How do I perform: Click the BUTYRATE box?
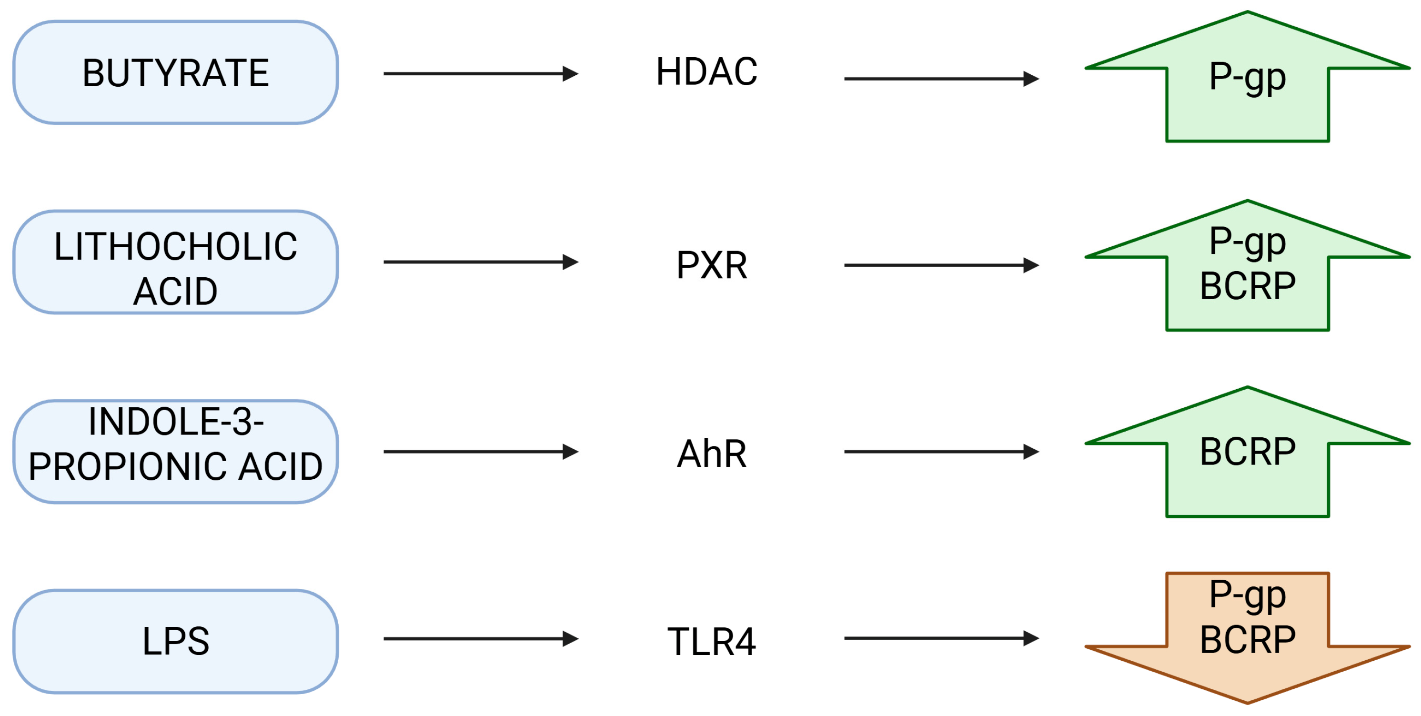[x=175, y=72]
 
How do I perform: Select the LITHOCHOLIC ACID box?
[x=175, y=262]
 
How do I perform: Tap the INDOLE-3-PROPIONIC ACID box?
[x=175, y=452]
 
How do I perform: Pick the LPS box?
[x=175, y=641]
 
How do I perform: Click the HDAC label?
[x=706, y=72]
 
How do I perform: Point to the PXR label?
[x=712, y=265]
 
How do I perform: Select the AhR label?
[x=712, y=454]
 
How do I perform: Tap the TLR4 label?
[x=712, y=642]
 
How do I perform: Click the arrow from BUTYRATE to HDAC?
[x=480, y=73]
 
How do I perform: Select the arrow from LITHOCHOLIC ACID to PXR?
[x=480, y=262]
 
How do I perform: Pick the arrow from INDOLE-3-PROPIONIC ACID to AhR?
[x=480, y=452]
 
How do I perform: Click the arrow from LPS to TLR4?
[x=480, y=639]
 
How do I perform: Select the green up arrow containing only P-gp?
[x=1248, y=105]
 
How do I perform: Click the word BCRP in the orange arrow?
[x=1248, y=640]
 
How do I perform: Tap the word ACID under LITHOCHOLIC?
[x=175, y=291]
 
